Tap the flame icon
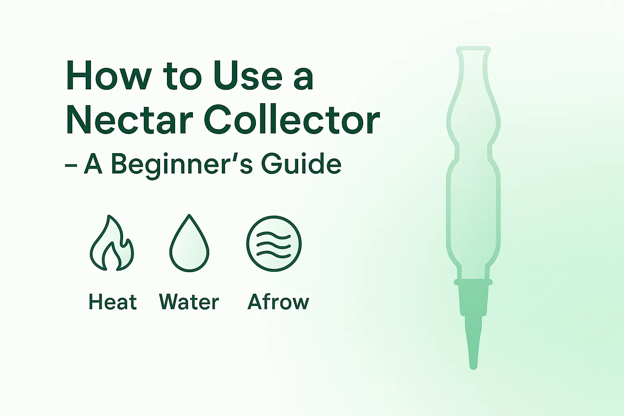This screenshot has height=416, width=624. [112, 243]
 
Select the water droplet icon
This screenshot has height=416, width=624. [189, 243]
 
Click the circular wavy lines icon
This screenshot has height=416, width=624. [274, 243]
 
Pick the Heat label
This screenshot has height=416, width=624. [113, 301]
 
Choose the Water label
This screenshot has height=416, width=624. [189, 301]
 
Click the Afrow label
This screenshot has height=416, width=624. [278, 301]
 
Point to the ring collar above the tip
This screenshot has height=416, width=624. [473, 282]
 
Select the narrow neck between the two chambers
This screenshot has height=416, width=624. [473, 152]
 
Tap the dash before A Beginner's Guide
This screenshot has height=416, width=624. [71, 165]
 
